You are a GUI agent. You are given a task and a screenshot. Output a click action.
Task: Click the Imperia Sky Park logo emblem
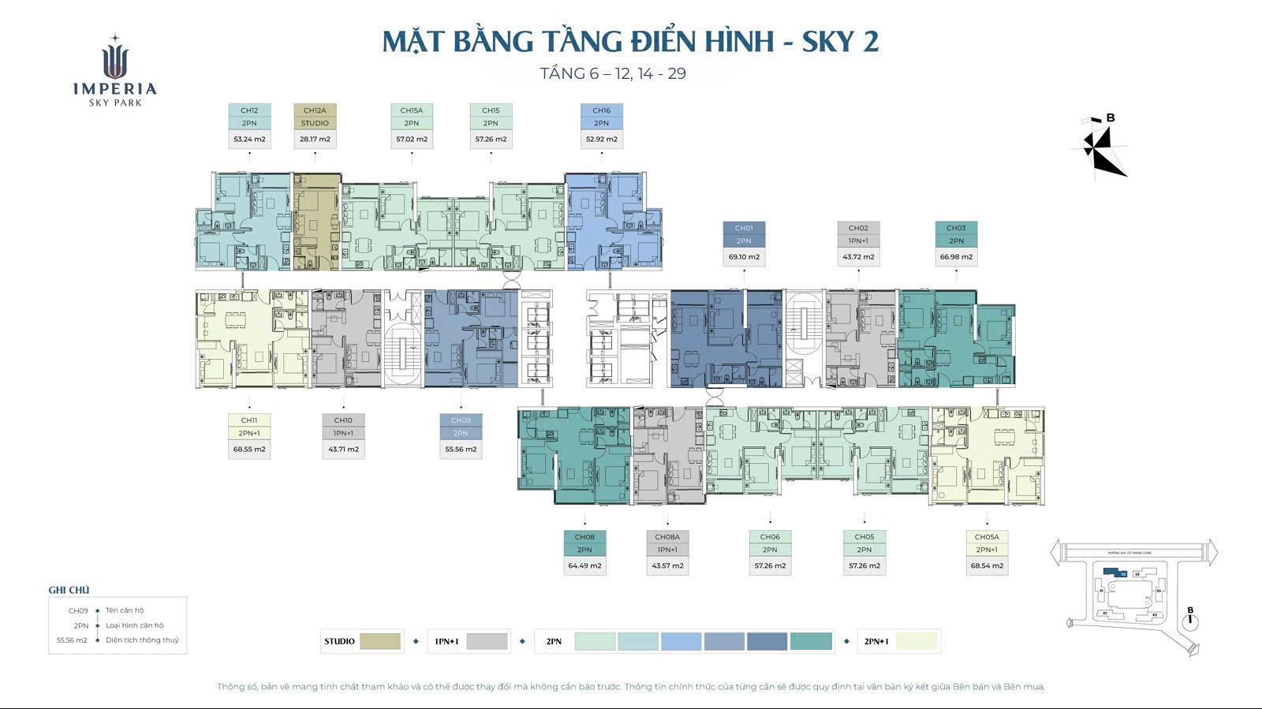[115, 59]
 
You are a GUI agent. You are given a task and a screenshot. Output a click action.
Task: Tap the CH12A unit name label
[315, 110]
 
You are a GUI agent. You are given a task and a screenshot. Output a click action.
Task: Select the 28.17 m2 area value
[315, 140]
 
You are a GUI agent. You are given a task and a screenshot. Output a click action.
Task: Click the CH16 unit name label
[602, 110]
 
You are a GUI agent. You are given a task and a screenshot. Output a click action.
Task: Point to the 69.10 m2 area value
[744, 257]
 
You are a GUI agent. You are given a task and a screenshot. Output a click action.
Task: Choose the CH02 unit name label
[858, 228]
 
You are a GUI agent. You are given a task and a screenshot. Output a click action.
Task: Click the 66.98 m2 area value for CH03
[956, 257]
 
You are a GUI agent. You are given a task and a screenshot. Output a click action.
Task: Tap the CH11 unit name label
[249, 420]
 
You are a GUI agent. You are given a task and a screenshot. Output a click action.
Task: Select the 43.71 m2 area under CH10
[343, 450]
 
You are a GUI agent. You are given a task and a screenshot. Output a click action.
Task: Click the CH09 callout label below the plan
[461, 420]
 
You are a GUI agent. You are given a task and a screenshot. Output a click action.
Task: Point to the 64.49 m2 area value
[584, 566]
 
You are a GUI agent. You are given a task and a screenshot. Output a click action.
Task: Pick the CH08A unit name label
[667, 537]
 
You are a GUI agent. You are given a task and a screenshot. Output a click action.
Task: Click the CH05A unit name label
[987, 537]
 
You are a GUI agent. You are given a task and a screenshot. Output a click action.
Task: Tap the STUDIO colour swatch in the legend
[380, 641]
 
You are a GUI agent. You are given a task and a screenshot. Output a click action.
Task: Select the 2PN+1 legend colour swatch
[917, 641]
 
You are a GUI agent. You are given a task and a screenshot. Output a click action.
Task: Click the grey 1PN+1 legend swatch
[487, 641]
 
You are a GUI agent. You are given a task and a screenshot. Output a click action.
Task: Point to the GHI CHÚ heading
[69, 590]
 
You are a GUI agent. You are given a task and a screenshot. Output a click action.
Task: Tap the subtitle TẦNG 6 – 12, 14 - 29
[613, 74]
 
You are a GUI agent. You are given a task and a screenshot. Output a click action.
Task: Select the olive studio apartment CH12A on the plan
[315, 221]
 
